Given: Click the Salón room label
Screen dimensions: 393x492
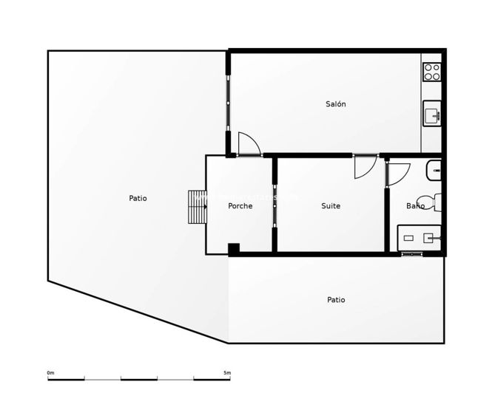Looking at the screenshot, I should pyautogui.click(x=335, y=104).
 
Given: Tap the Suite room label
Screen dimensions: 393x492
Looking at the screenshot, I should pyautogui.click(x=331, y=206).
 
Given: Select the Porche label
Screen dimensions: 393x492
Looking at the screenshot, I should pyautogui.click(x=240, y=206).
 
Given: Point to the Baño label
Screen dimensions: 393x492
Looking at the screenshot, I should pyautogui.click(x=415, y=206).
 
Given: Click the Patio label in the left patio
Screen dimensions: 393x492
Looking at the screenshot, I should pyautogui.click(x=138, y=198).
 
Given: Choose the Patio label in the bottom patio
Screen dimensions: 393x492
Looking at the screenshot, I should pyautogui.click(x=336, y=300).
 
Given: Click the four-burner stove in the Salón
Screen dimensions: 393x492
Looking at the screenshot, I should pyautogui.click(x=432, y=72).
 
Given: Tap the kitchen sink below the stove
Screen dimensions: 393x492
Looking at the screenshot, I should pyautogui.click(x=432, y=115).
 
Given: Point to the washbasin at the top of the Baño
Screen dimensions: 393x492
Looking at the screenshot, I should pyautogui.click(x=435, y=171).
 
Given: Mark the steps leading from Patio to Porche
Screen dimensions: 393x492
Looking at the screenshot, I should pyautogui.click(x=197, y=208).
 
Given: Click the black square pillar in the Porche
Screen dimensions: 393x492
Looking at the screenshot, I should pyautogui.click(x=234, y=249).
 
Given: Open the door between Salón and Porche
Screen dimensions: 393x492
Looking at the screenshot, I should pyautogui.click(x=249, y=143).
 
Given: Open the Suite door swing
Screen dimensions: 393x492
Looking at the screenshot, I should pyautogui.click(x=365, y=167).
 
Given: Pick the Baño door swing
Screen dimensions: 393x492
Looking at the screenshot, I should pyautogui.click(x=397, y=171).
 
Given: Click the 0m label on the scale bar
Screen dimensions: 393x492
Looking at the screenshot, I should pyautogui.click(x=50, y=372).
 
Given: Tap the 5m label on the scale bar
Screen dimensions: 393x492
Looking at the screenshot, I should pyautogui.click(x=227, y=372).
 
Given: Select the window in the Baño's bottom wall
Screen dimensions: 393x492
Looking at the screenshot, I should pyautogui.click(x=411, y=255).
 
